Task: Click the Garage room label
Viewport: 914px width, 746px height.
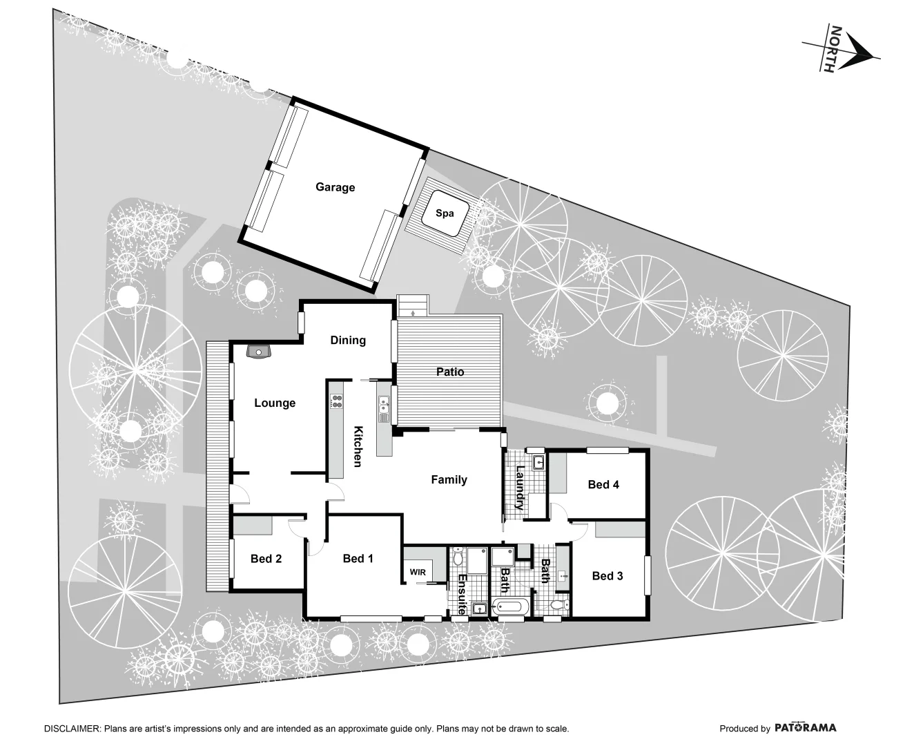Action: pyautogui.click(x=335, y=187)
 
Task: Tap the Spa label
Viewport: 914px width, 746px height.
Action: pyautogui.click(x=445, y=213)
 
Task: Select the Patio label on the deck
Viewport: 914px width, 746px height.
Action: pyautogui.click(x=450, y=372)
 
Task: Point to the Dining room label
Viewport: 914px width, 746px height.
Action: pyautogui.click(x=348, y=340)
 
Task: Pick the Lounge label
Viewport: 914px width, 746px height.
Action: pyautogui.click(x=275, y=403)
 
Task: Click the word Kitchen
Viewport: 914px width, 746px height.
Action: pyautogui.click(x=358, y=446)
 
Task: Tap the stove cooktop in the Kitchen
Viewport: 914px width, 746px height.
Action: pyautogui.click(x=336, y=401)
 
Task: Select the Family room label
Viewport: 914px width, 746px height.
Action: pyautogui.click(x=449, y=479)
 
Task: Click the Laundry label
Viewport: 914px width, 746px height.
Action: pyautogui.click(x=520, y=488)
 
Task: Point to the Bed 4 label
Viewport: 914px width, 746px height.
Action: pyautogui.click(x=603, y=484)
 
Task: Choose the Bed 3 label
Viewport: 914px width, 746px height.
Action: pyautogui.click(x=607, y=575)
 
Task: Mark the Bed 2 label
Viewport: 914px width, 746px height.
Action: pyautogui.click(x=266, y=558)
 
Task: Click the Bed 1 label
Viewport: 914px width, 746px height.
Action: pyautogui.click(x=358, y=558)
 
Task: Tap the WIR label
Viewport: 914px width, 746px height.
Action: pyautogui.click(x=418, y=573)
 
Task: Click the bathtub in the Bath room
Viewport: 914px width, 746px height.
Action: pyautogui.click(x=510, y=609)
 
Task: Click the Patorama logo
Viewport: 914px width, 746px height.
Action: pyautogui.click(x=805, y=727)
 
